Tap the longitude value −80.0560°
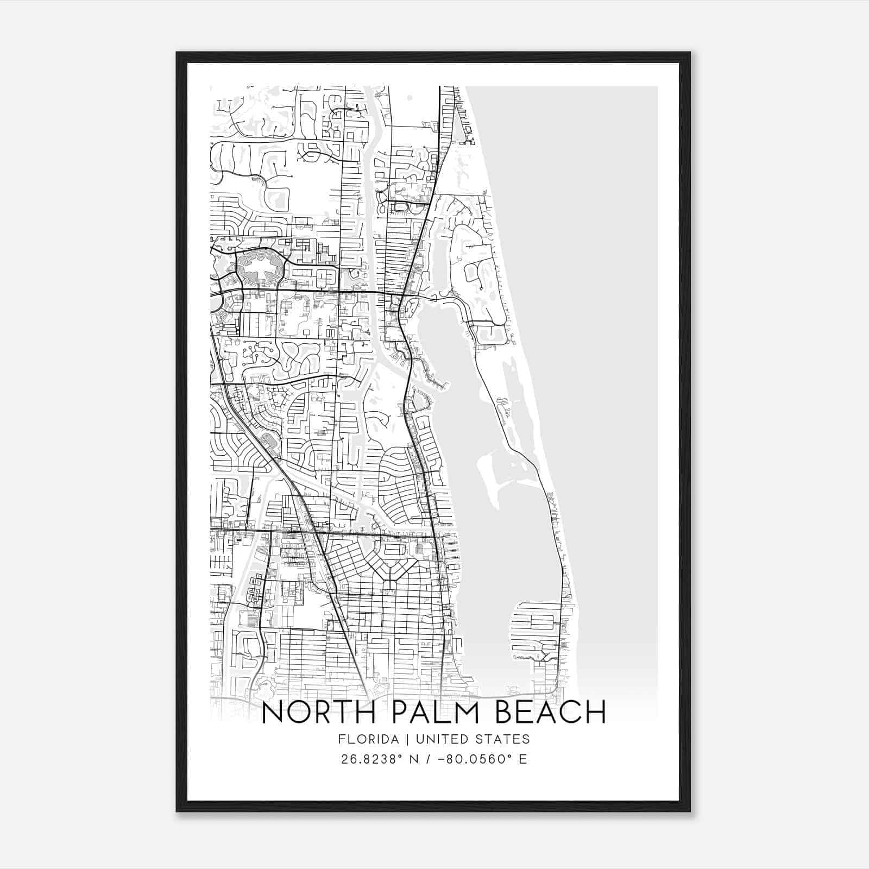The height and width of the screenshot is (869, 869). (475, 759)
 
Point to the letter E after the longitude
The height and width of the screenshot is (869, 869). (523, 759)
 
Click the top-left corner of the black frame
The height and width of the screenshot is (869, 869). (177, 53)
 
